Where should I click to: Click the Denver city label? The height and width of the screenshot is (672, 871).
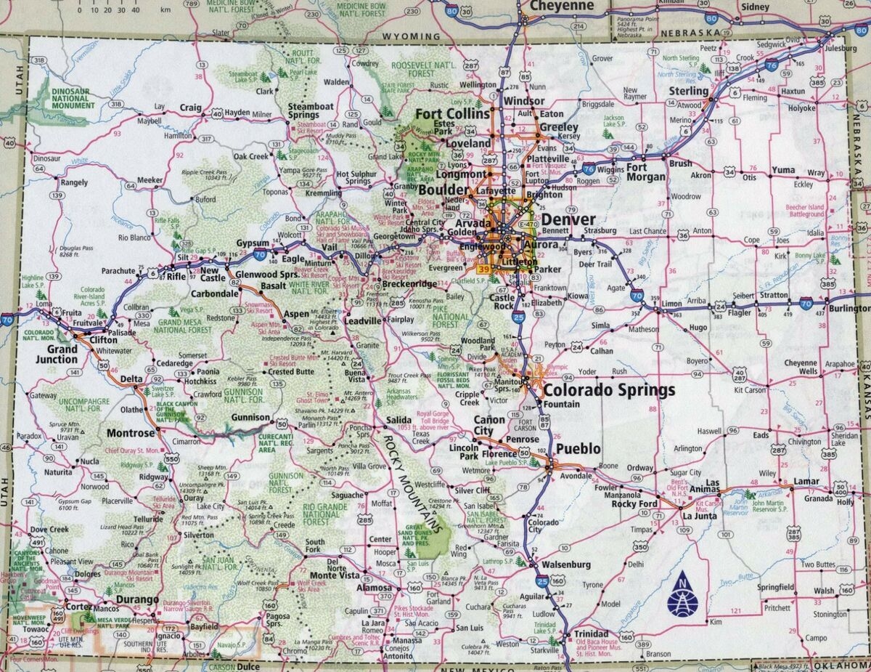[x=568, y=219]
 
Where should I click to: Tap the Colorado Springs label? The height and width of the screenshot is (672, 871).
[x=609, y=390]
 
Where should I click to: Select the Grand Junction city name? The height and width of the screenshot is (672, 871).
[x=57, y=354]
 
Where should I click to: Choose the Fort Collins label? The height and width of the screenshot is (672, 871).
[x=452, y=115]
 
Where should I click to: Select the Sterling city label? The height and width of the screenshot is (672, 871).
[x=688, y=92]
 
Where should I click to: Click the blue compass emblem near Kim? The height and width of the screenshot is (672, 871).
[x=682, y=594]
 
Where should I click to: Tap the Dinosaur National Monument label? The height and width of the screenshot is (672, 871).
[x=73, y=99]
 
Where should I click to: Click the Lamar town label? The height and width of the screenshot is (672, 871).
[x=806, y=481]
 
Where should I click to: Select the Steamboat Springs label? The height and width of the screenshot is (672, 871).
[x=311, y=110]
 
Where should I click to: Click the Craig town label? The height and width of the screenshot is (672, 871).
[x=190, y=108]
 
